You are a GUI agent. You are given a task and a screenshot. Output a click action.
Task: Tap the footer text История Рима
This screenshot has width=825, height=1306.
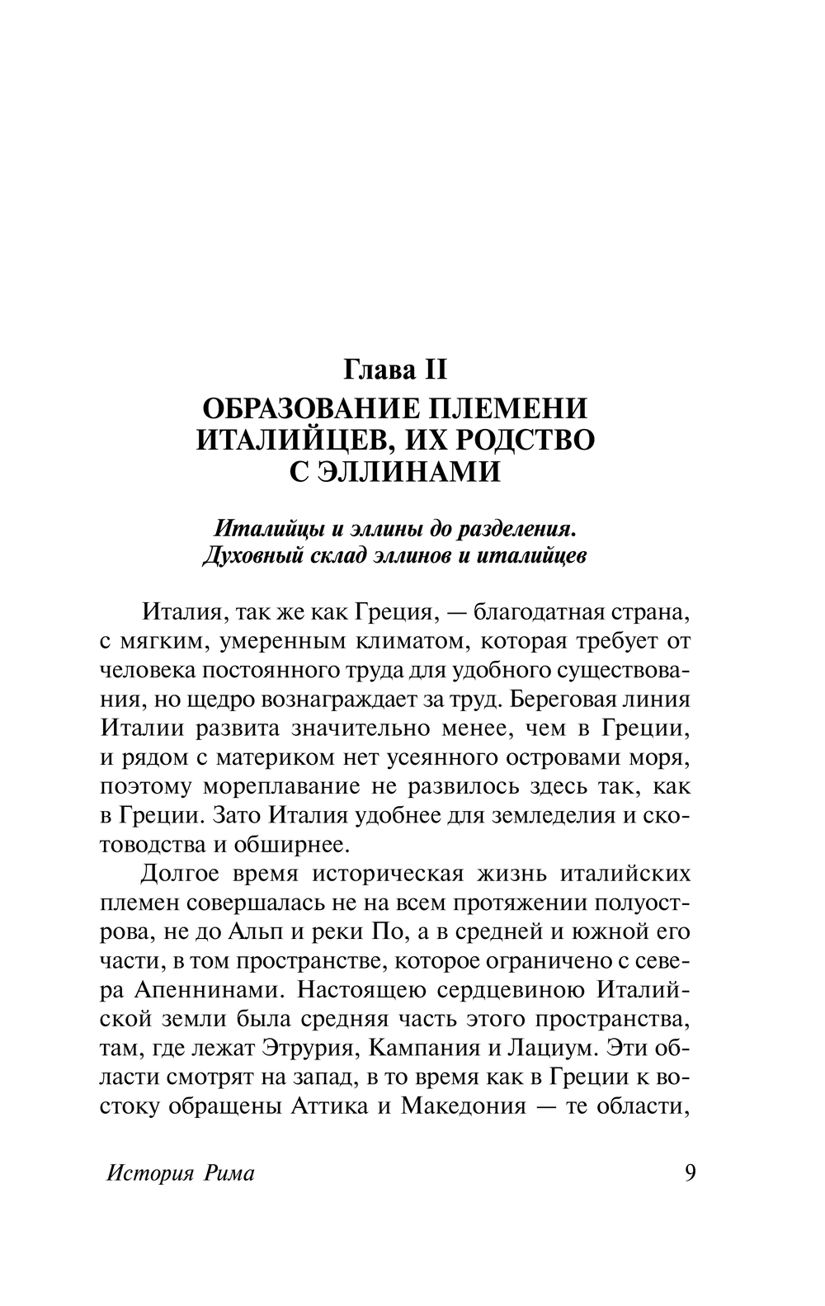(181, 1174)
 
